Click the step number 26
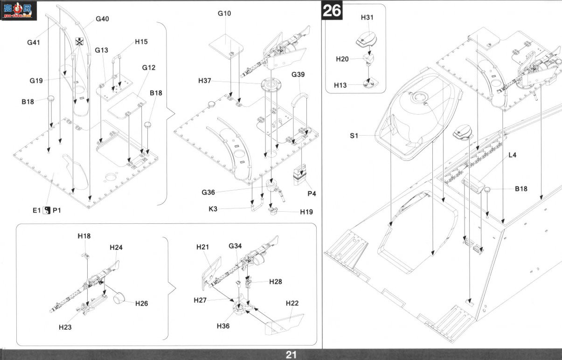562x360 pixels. click(332, 11)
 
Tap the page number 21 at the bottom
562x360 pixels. click(291, 355)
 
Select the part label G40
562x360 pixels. click(102, 19)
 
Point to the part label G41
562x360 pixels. click(34, 42)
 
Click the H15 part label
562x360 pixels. click(141, 42)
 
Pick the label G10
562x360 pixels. click(224, 14)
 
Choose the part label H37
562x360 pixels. click(205, 81)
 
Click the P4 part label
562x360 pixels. click(312, 194)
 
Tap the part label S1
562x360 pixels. click(354, 136)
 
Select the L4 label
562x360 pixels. click(512, 155)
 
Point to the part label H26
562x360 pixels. click(141, 304)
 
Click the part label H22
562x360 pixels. click(292, 303)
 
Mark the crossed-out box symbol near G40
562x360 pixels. click(80, 42)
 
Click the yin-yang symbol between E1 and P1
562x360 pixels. click(47, 210)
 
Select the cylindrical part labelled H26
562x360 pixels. click(119, 298)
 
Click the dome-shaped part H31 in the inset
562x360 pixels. click(367, 40)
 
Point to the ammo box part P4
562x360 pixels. click(299, 174)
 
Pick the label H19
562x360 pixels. click(306, 212)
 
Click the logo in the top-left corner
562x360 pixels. click(18, 11)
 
